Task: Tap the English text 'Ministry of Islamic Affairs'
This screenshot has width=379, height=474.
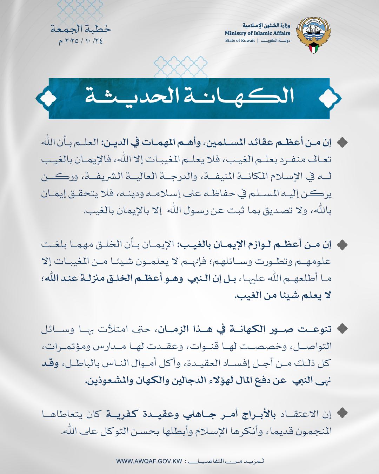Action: [258, 33]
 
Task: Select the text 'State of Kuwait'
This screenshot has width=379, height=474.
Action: [240, 41]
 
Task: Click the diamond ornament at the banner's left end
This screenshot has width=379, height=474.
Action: [46, 98]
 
